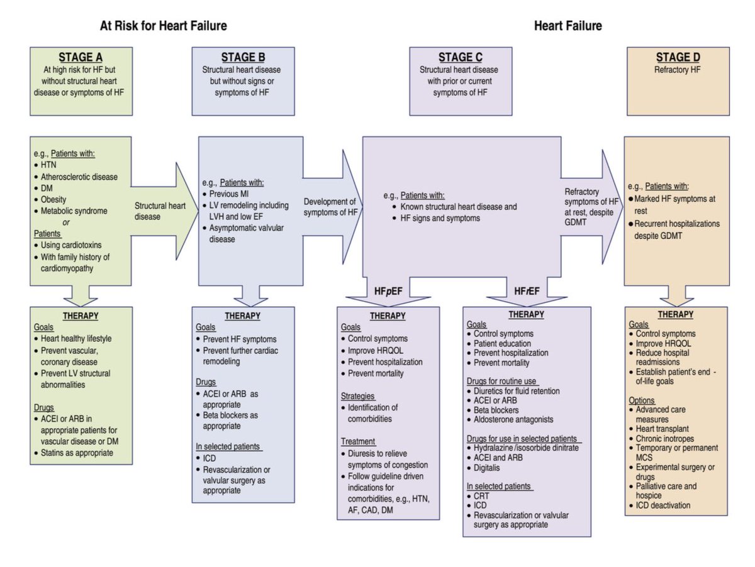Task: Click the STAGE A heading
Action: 81,58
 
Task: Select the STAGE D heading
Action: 678,58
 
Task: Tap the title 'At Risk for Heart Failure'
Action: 164,26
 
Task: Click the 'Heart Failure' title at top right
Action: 568,26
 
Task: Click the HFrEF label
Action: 527,290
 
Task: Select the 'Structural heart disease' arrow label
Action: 160,211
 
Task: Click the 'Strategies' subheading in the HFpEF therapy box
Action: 358,397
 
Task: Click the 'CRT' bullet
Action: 481,496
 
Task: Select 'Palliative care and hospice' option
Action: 671,491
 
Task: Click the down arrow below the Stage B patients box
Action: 243,295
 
